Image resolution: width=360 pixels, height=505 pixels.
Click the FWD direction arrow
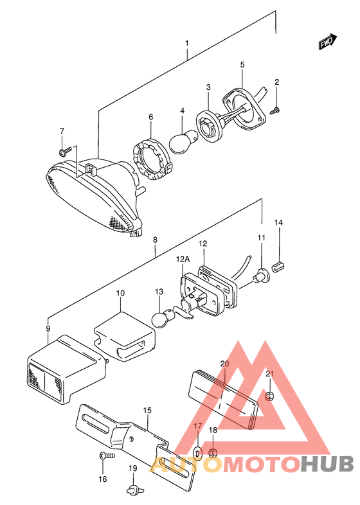click(x=328, y=42)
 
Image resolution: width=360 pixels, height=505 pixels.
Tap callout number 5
click(x=242, y=64)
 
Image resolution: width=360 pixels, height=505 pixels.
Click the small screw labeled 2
click(x=275, y=111)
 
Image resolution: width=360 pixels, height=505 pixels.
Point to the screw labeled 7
click(x=66, y=151)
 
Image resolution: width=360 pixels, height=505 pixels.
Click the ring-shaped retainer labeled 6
click(x=152, y=159)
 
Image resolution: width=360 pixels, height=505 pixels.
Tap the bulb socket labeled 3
click(x=209, y=125)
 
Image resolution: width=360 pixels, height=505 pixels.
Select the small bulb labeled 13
click(x=165, y=318)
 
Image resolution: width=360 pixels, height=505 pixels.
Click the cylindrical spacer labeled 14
click(x=279, y=267)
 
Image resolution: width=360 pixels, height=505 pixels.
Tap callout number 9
click(x=48, y=329)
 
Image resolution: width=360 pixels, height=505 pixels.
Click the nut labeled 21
click(x=269, y=396)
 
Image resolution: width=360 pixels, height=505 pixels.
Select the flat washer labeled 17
click(x=197, y=452)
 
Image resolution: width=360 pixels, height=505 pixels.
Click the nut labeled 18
click(x=212, y=454)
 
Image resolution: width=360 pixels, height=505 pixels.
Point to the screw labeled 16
click(x=107, y=456)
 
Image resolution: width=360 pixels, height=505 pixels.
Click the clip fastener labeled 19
click(x=132, y=489)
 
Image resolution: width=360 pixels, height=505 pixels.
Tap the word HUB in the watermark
click(x=327, y=465)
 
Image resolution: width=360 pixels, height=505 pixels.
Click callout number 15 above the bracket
click(x=147, y=411)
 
